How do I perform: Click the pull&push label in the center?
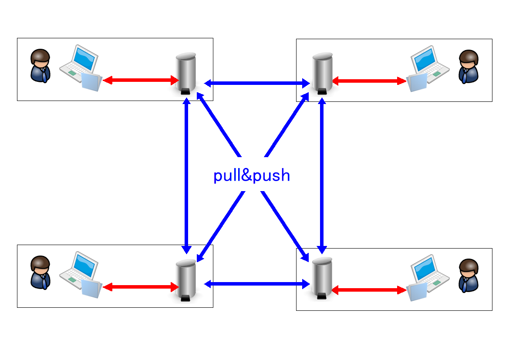click(x=252, y=175)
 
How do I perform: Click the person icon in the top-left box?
click(x=40, y=66)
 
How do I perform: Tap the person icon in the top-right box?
click(x=469, y=67)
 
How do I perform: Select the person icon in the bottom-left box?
click(x=40, y=272)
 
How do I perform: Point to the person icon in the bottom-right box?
click(x=469, y=275)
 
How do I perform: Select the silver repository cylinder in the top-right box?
click(x=323, y=73)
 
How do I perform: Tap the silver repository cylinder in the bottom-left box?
click(x=186, y=279)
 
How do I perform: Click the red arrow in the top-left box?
click(x=141, y=80)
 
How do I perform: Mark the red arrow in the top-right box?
click(x=369, y=81)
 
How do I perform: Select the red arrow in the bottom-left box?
click(x=141, y=287)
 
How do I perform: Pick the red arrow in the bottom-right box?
click(x=369, y=290)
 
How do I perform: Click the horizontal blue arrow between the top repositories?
click(x=256, y=82)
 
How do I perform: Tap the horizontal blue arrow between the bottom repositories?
click(x=256, y=284)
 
